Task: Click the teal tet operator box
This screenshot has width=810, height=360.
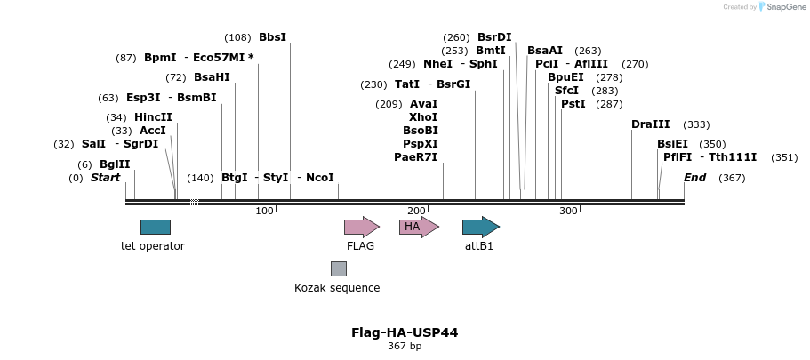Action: click(155, 227)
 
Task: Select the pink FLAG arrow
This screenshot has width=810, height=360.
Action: click(361, 227)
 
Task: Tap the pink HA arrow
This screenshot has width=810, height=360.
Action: click(419, 227)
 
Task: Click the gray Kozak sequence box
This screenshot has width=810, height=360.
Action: click(338, 268)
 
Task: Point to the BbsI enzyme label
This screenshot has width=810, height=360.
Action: click(272, 37)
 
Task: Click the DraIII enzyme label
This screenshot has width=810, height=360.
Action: click(650, 124)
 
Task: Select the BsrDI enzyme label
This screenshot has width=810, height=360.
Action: click(494, 37)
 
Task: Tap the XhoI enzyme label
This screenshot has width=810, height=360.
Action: click(423, 117)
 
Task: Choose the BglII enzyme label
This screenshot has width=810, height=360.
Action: click(115, 164)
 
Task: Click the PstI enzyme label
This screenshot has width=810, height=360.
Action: click(573, 104)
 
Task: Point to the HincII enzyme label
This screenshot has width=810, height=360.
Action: click(153, 117)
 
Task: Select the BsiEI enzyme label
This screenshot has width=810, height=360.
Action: click(672, 144)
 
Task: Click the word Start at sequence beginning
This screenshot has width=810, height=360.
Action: click(105, 178)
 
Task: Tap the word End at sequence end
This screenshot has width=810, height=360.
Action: click(694, 178)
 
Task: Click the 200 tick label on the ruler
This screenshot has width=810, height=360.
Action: click(416, 211)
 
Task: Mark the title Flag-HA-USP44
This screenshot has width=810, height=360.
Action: click(405, 332)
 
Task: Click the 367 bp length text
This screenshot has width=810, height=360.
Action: click(405, 346)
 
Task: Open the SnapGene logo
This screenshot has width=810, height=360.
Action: click(775, 7)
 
